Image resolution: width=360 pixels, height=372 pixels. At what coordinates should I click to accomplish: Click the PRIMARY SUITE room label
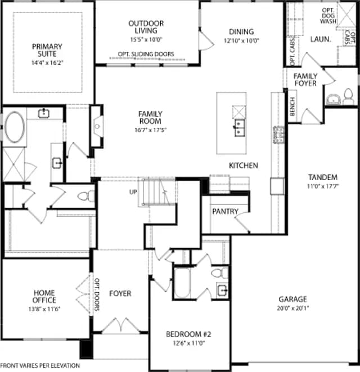click(x=47, y=50)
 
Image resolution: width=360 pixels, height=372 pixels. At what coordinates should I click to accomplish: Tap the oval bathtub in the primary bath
click(x=15, y=127)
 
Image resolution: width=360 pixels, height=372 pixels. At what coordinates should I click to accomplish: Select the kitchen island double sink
click(x=239, y=128)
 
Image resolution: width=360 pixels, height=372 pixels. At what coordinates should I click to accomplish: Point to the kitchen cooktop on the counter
click(x=278, y=135)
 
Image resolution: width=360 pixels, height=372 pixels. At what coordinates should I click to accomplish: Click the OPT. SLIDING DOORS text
click(x=146, y=54)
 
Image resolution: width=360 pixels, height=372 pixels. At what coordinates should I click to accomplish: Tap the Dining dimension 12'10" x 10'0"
click(x=241, y=41)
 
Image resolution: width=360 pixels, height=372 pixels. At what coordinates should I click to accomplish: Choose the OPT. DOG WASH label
click(x=328, y=16)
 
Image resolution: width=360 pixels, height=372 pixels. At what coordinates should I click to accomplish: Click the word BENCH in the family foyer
click(x=292, y=106)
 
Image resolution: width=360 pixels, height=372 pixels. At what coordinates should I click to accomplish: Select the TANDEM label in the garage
click(x=323, y=177)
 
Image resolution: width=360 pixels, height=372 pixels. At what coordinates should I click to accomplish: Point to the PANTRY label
click(x=225, y=211)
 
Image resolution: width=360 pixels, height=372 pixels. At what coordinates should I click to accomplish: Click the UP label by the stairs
click(x=133, y=192)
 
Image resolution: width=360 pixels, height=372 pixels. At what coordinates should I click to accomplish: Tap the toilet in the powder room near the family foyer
click(x=348, y=96)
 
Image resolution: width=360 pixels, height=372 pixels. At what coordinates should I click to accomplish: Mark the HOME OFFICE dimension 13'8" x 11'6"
click(x=44, y=309)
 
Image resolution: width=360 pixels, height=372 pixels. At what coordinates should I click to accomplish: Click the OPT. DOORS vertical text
click(x=97, y=294)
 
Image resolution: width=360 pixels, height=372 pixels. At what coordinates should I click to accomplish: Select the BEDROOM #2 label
click(x=188, y=334)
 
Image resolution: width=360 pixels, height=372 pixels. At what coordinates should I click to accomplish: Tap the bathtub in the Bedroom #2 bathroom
click(x=182, y=283)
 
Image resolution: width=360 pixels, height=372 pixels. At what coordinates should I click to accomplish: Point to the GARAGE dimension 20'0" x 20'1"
click(x=293, y=308)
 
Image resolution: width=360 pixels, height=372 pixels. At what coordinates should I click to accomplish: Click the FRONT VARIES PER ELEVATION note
click(x=40, y=366)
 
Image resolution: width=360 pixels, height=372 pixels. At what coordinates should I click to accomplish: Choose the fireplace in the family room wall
click(x=97, y=126)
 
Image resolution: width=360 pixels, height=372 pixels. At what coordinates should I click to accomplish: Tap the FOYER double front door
click(x=121, y=325)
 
